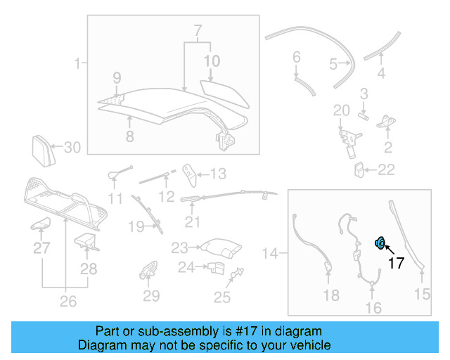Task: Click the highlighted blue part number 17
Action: tap(379, 243)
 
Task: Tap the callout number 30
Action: tap(72, 148)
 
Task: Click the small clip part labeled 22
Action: tap(359, 169)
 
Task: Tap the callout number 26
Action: tap(67, 302)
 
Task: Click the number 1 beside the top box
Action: tap(77, 64)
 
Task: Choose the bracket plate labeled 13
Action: tap(188, 172)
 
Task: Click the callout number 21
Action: tap(193, 222)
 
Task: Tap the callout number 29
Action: tap(152, 296)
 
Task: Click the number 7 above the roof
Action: tap(197, 31)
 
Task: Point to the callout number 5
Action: tap(333, 65)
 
